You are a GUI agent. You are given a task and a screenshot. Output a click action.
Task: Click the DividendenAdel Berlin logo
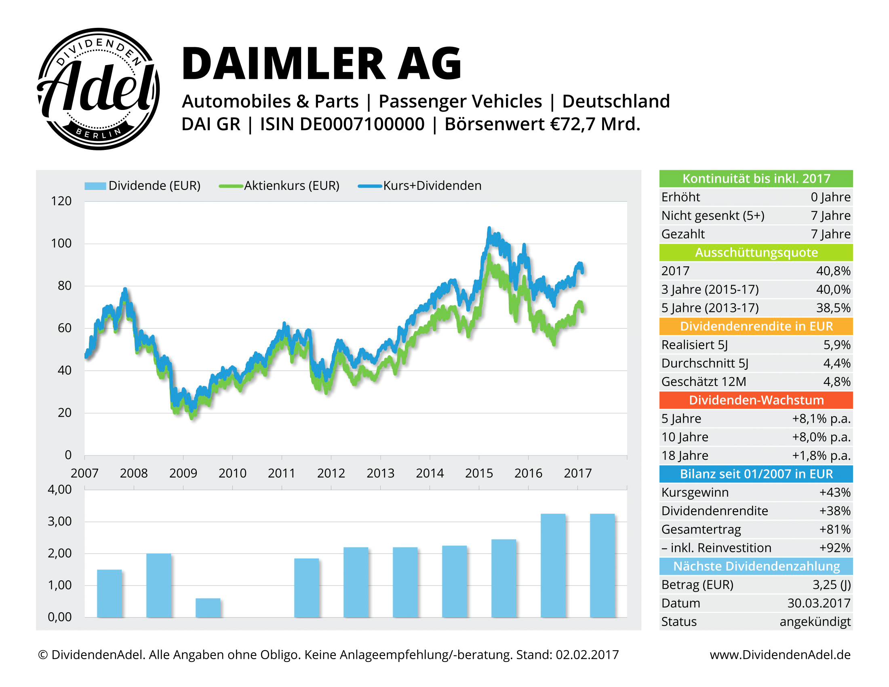pyautogui.click(x=98, y=89)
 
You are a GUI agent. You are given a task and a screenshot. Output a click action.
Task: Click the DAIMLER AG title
pyautogui.click(x=322, y=63)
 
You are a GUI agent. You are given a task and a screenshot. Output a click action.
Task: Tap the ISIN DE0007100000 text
pyautogui.click(x=342, y=124)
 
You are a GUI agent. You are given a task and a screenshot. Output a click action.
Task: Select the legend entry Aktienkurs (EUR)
pyautogui.click(x=291, y=185)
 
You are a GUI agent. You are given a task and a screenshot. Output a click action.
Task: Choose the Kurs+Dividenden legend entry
pyautogui.click(x=432, y=185)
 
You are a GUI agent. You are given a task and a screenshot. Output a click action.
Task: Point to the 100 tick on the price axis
pyautogui.click(x=61, y=243)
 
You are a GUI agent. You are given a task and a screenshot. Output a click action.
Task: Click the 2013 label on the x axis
pyautogui.click(x=380, y=473)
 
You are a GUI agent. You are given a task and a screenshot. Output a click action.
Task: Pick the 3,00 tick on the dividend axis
pyautogui.click(x=59, y=521)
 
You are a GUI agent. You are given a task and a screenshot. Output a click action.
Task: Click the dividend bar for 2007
pyautogui.click(x=109, y=593)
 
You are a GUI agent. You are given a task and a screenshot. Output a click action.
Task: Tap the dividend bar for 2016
pyautogui.click(x=553, y=565)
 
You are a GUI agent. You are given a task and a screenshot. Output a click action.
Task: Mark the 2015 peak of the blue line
pyautogui.click(x=489, y=229)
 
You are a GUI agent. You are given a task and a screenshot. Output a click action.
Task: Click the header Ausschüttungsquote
pyautogui.click(x=756, y=252)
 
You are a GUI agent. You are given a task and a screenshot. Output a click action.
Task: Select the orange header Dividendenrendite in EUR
pyautogui.click(x=756, y=326)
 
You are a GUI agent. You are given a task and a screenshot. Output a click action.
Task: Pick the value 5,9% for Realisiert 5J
pyautogui.click(x=836, y=345)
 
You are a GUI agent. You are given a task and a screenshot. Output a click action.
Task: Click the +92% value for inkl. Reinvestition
pyautogui.click(x=834, y=548)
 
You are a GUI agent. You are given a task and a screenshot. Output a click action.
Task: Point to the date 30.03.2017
pyautogui.click(x=819, y=603)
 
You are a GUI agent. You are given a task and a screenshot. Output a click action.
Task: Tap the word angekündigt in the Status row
pyautogui.click(x=815, y=622)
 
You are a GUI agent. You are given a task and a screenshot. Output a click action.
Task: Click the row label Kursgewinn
pyautogui.click(x=695, y=493)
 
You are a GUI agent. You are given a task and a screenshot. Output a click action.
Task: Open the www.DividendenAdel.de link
pyautogui.click(x=780, y=654)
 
